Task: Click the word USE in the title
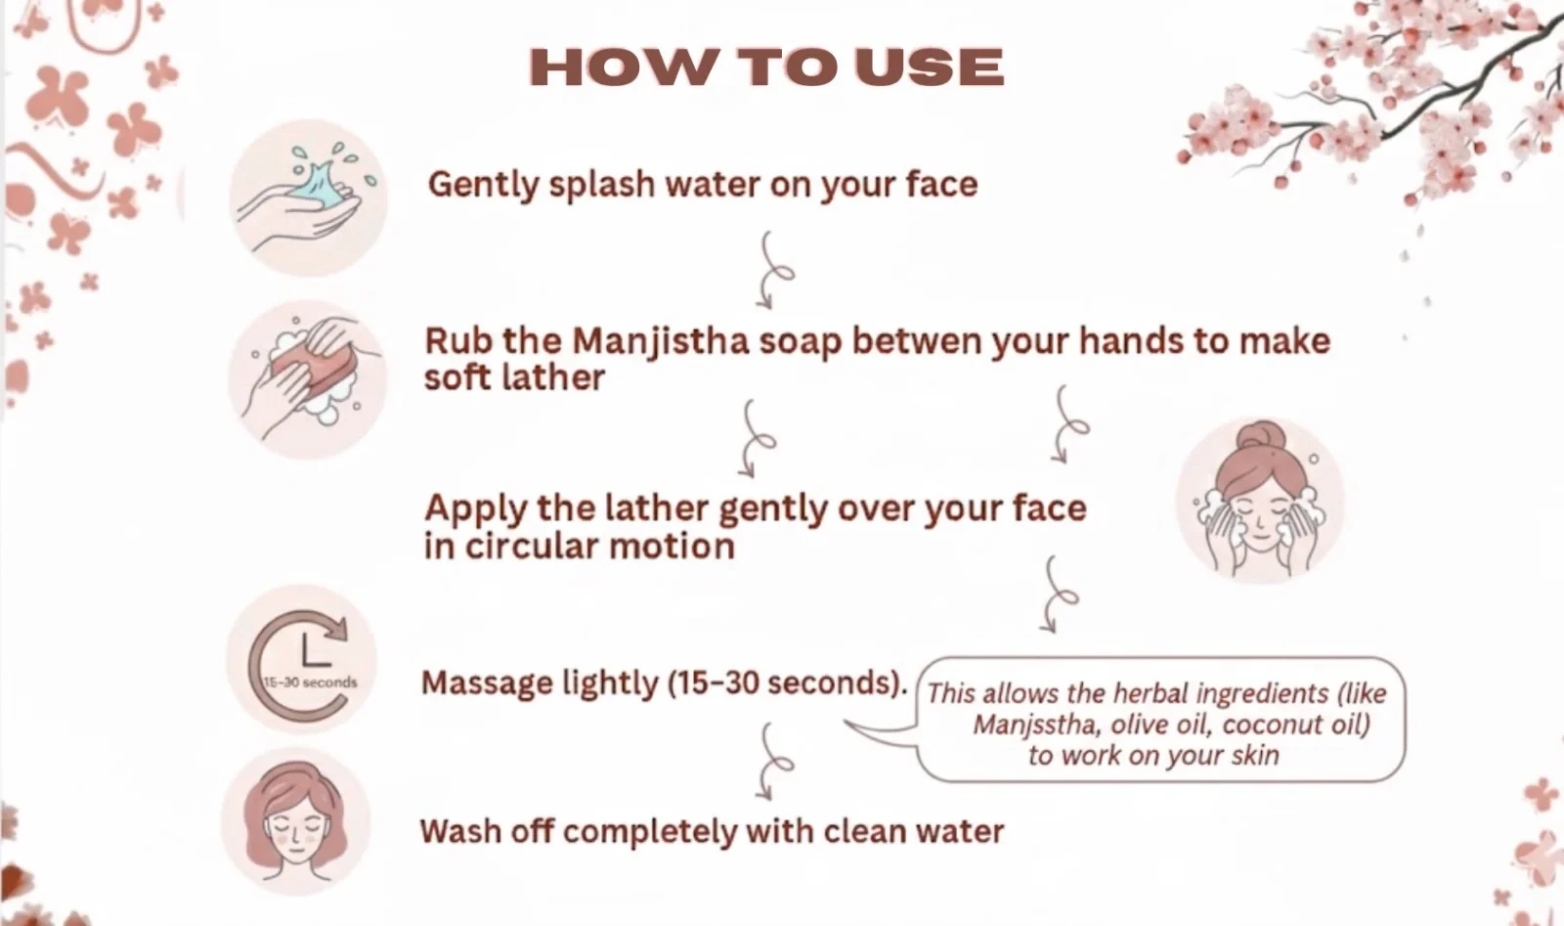[930, 67]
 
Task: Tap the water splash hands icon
[308, 198]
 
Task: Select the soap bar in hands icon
[307, 379]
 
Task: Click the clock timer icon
[302, 659]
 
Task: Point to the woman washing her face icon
[1260, 500]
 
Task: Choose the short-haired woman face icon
[295, 821]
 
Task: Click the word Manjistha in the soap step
[661, 342]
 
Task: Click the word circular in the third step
[532, 546]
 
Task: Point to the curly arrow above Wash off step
[774, 762]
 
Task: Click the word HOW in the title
[623, 67]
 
